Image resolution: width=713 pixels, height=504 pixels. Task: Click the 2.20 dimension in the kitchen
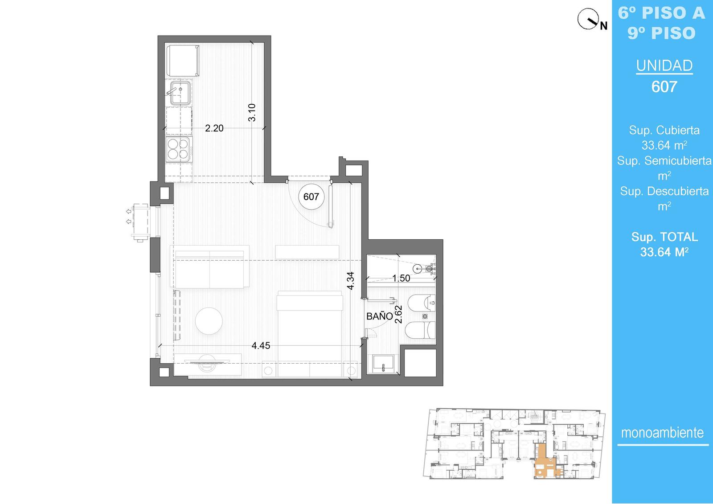(x=214, y=128)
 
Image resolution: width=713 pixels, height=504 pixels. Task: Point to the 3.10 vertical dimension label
(x=252, y=112)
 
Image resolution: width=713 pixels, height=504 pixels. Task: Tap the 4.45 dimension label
(x=261, y=345)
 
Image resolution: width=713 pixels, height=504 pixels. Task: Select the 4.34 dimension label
(x=350, y=280)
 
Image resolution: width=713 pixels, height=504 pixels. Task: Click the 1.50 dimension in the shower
(x=401, y=278)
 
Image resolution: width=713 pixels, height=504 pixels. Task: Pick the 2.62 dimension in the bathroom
(x=398, y=315)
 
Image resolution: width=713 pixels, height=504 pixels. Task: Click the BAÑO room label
(x=379, y=316)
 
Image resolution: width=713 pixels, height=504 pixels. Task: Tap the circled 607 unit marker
(x=311, y=197)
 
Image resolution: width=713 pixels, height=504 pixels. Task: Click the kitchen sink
(x=180, y=93)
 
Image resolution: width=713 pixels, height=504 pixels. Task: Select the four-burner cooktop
(x=178, y=149)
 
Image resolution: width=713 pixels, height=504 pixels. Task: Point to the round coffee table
(x=209, y=321)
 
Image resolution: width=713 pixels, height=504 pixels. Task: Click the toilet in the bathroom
(x=421, y=330)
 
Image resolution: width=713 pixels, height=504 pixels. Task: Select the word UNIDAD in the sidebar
(x=664, y=66)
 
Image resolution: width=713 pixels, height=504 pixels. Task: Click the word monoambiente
(x=662, y=433)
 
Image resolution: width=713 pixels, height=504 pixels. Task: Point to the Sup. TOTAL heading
(x=664, y=237)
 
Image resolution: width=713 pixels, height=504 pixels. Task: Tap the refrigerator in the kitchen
(x=183, y=61)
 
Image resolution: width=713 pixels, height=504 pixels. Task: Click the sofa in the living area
(x=209, y=267)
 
